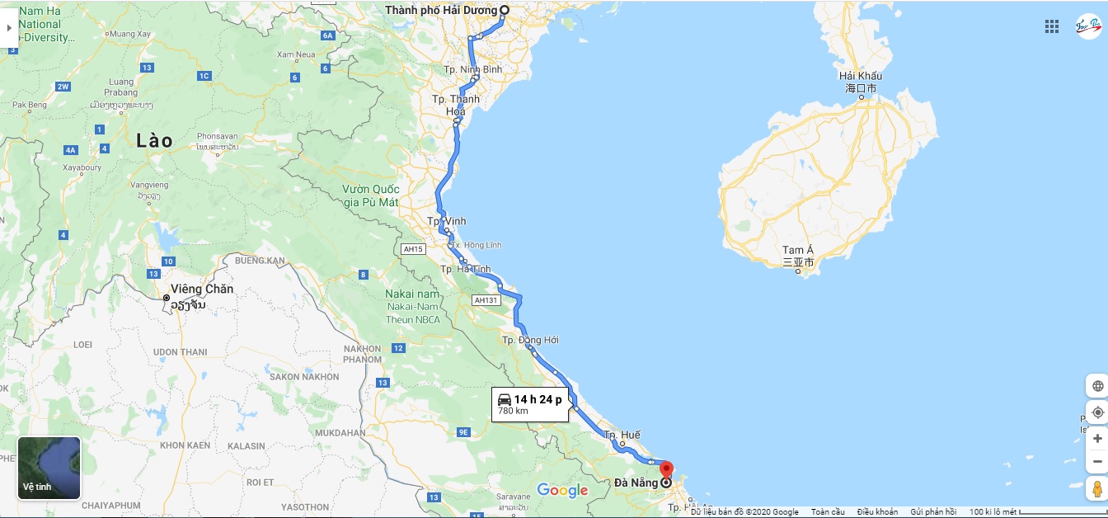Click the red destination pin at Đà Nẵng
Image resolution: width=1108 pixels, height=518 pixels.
click(x=666, y=469)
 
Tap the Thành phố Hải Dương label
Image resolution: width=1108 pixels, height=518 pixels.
click(x=441, y=10)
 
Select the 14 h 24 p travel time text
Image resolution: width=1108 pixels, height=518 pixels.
click(x=538, y=399)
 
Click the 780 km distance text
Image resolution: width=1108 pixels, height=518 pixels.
click(x=513, y=411)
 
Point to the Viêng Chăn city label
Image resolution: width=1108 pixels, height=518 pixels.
click(x=202, y=290)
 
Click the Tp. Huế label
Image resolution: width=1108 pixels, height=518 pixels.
click(x=622, y=435)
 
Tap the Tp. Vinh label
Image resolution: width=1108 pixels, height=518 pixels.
click(x=447, y=221)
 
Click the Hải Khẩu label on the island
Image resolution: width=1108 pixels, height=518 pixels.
click(x=860, y=77)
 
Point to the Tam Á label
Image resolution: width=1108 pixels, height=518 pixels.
click(x=798, y=251)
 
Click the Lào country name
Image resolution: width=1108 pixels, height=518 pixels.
click(x=155, y=141)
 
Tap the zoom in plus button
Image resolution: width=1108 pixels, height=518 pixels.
click(x=1097, y=438)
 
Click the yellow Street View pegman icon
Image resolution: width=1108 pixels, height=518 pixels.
click(x=1097, y=488)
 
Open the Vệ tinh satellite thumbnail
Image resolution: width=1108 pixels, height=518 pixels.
click(x=49, y=468)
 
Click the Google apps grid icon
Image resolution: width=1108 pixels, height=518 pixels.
click(x=1052, y=26)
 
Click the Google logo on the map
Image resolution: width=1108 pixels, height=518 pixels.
click(x=562, y=491)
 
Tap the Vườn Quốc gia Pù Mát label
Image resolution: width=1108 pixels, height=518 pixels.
click(x=370, y=195)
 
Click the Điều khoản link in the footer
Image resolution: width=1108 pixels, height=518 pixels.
click(x=877, y=512)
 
